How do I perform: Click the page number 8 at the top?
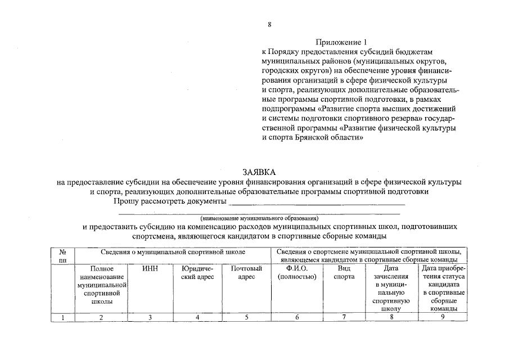click(x=270, y=25)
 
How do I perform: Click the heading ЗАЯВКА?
click(x=260, y=172)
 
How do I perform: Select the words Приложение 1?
click(x=341, y=42)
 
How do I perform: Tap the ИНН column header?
click(x=150, y=268)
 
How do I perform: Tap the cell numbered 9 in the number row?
click(x=443, y=317)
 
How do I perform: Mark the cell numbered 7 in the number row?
click(x=344, y=317)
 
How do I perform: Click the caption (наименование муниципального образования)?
click(x=259, y=217)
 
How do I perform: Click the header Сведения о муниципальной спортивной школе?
click(x=173, y=251)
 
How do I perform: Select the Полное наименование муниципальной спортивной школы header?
click(x=101, y=285)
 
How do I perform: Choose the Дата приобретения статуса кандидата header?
click(x=443, y=288)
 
